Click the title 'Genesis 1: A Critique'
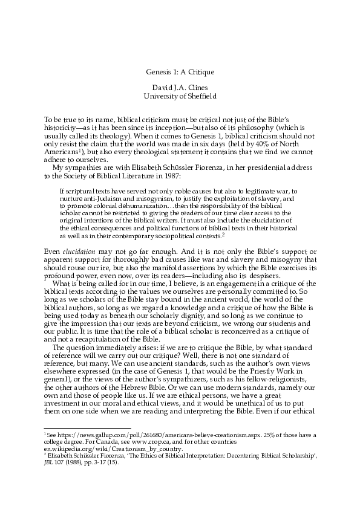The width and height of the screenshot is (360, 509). tap(180, 73)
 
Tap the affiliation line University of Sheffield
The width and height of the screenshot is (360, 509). tap(180, 96)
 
